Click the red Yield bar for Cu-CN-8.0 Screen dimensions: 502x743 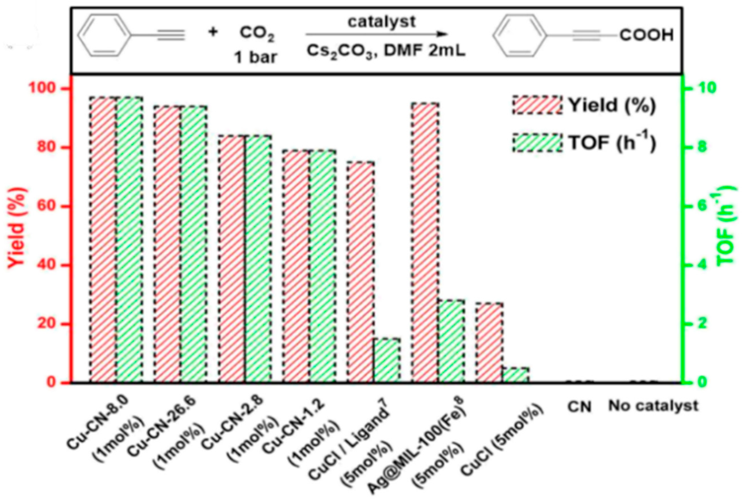(x=103, y=240)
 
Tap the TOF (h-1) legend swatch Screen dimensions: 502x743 (x=537, y=143)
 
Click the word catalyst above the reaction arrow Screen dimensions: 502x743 (x=382, y=22)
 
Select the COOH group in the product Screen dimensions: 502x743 (x=646, y=36)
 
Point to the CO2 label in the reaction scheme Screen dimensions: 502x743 (x=257, y=35)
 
